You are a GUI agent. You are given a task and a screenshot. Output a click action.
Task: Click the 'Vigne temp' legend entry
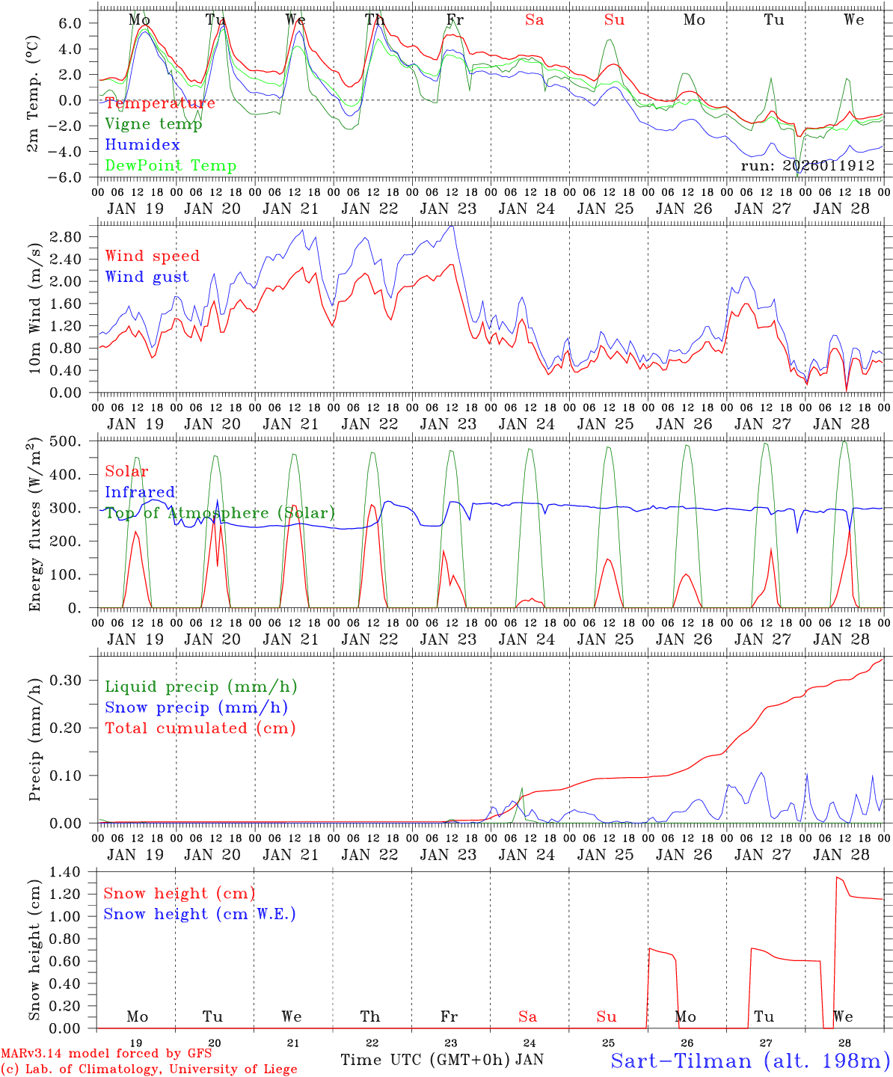(153, 124)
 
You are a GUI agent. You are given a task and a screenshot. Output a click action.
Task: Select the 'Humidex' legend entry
(143, 145)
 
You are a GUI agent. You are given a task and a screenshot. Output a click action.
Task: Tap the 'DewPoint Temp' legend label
(171, 166)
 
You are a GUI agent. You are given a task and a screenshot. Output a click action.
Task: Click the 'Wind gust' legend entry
(147, 277)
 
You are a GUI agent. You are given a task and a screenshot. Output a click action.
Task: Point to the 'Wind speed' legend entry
(153, 256)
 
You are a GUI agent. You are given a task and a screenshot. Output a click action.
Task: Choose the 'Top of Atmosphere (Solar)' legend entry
(220, 513)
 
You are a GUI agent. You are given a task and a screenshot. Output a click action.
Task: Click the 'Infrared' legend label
(140, 492)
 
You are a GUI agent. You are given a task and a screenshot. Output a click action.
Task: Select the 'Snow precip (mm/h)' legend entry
(197, 708)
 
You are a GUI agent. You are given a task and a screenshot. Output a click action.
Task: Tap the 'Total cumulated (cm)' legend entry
(200, 728)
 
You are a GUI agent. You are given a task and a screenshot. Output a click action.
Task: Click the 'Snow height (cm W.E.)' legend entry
(200, 914)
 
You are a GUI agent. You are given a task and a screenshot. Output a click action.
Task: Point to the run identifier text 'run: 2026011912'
(807, 165)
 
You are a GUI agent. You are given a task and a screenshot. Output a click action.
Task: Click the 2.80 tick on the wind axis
(74, 237)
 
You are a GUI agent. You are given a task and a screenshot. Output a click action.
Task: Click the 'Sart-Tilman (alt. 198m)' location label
(750, 1061)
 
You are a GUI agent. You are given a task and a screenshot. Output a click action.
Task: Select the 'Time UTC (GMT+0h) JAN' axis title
(442, 1060)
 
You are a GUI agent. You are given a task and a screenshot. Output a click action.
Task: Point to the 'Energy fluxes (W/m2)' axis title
(35, 527)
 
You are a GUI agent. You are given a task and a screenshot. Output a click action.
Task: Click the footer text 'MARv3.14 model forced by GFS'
(105, 1054)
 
